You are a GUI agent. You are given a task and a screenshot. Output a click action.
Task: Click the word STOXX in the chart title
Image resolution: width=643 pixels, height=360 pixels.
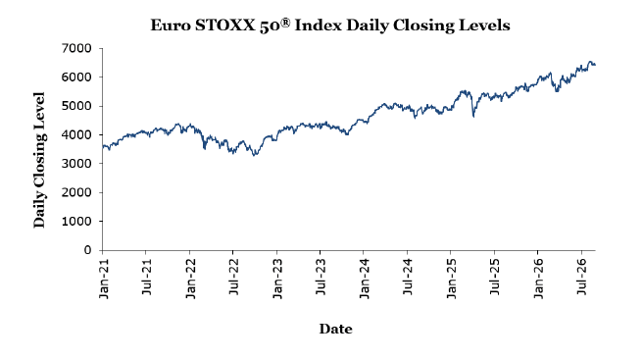pyautogui.click(x=224, y=26)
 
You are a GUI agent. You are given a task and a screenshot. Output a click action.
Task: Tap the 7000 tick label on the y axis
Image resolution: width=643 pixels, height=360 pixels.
pyautogui.click(x=76, y=48)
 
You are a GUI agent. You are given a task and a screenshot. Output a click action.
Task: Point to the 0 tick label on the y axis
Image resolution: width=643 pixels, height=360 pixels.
pyautogui.click(x=88, y=250)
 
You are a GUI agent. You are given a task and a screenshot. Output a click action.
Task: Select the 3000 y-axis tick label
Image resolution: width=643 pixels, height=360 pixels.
pyautogui.click(x=76, y=164)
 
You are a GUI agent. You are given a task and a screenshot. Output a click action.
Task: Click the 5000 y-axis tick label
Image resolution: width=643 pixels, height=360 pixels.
pyautogui.click(x=76, y=106)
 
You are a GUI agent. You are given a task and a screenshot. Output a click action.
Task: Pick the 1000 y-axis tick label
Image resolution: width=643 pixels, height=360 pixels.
pyautogui.click(x=76, y=222)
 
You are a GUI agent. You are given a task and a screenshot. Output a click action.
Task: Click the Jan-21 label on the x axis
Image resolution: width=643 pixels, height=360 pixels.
pyautogui.click(x=103, y=279)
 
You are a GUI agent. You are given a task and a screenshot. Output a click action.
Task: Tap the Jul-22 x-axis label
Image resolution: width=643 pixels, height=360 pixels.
pyautogui.click(x=233, y=277)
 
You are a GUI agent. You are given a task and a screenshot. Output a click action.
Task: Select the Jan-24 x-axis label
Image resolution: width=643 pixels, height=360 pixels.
pyautogui.click(x=364, y=279)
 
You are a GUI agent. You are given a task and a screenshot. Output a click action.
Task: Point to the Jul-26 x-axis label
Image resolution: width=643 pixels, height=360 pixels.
pyautogui.click(x=581, y=277)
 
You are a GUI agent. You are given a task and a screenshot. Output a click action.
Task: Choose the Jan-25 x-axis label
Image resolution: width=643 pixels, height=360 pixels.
pyautogui.click(x=451, y=279)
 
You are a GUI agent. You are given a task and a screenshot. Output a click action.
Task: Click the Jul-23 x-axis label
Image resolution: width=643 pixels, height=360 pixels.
pyautogui.click(x=321, y=277)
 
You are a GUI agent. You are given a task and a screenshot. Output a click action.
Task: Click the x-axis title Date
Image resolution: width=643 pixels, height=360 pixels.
pyautogui.click(x=336, y=329)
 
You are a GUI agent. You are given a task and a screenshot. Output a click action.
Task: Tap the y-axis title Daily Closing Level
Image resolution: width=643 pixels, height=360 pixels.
pyautogui.click(x=39, y=160)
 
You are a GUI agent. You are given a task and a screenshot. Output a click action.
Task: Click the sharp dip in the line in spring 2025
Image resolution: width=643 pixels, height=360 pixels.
pyautogui.click(x=473, y=117)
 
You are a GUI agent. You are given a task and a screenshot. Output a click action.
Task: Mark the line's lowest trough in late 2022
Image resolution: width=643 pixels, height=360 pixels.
pyautogui.click(x=255, y=155)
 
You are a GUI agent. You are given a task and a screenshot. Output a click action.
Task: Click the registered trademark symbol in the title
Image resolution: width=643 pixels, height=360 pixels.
pyautogui.click(x=285, y=23)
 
